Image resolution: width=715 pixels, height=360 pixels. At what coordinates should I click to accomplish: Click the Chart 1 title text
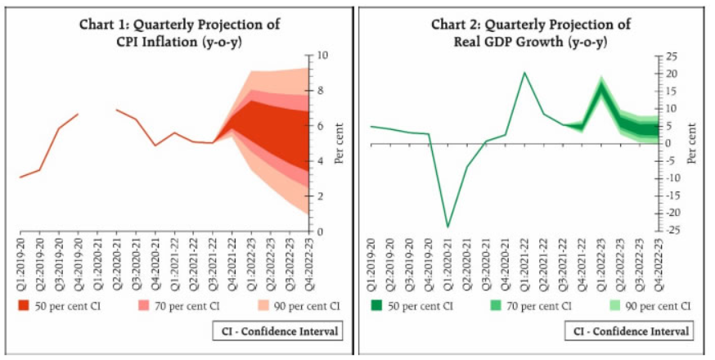click(179, 33)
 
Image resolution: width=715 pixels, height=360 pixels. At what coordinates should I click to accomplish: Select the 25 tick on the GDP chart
click(672, 56)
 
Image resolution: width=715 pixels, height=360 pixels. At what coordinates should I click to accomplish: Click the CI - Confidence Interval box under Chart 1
click(278, 331)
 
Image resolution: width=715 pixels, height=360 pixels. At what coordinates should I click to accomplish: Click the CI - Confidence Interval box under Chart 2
click(628, 331)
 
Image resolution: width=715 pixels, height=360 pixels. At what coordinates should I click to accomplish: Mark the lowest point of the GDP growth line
click(447, 227)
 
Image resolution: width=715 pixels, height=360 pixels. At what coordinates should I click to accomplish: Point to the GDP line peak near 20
click(524, 73)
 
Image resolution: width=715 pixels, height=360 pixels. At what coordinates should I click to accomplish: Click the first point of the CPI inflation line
click(20, 177)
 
